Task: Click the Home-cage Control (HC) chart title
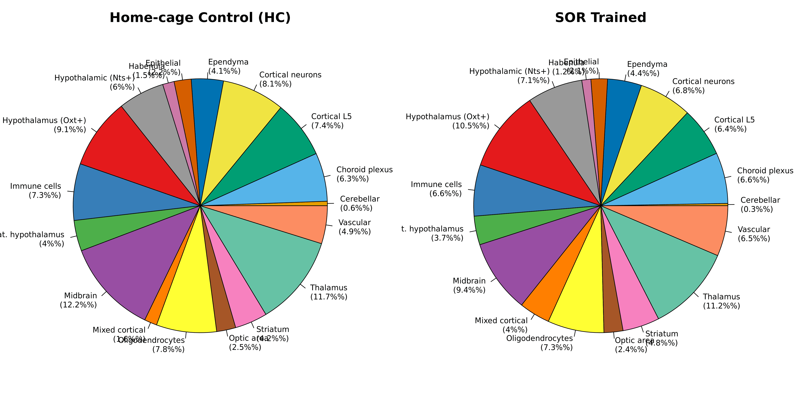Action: coord(200,18)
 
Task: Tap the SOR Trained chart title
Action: coord(600,18)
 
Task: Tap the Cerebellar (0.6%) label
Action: coord(359,203)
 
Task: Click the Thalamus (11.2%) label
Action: coord(721,301)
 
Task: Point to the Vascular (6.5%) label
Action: coord(754,234)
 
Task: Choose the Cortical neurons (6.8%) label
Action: coord(703,86)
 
